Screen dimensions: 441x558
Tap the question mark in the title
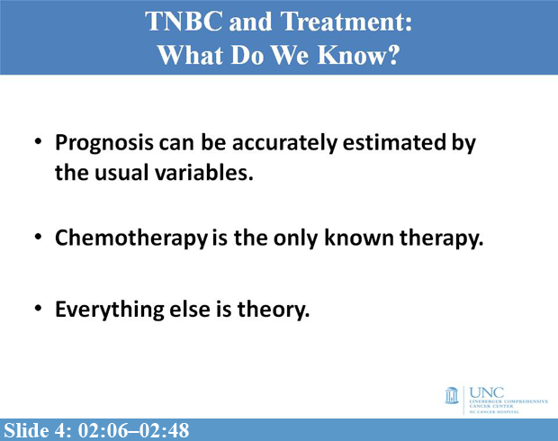[392, 54]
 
